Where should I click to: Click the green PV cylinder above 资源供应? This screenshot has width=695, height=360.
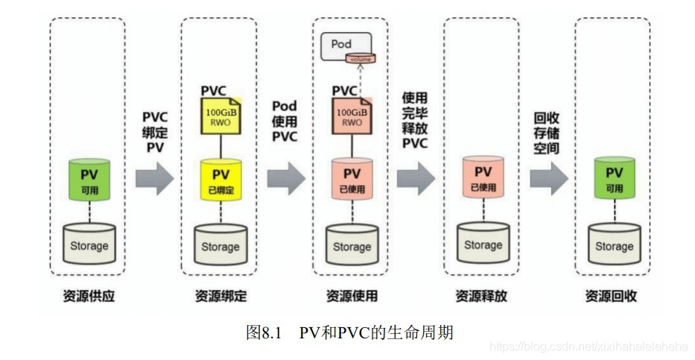pos(90,180)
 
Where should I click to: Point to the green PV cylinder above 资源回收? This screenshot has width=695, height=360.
pos(614,178)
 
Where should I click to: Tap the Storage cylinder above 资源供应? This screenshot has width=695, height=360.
pos(90,244)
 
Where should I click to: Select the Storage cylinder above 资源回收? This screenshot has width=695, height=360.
pos(614,244)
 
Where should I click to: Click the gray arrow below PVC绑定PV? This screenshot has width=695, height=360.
pos(154,180)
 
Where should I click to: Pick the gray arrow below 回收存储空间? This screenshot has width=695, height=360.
pos(549,180)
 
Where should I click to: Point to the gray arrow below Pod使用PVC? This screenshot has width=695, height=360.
pos(286,180)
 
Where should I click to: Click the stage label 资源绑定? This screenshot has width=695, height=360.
pos(220,296)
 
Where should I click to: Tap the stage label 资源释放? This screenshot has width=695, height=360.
pos(482,296)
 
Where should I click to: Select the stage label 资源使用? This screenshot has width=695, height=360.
pos(352,296)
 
